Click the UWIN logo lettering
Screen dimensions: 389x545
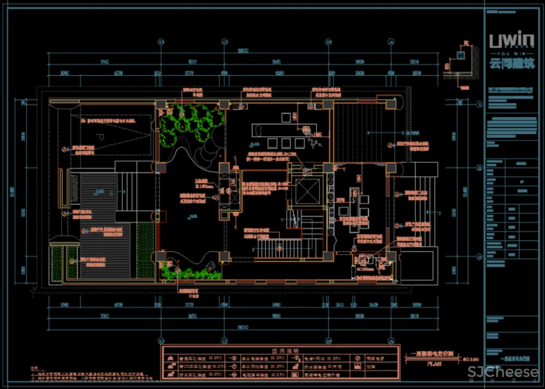click(x=512, y=41)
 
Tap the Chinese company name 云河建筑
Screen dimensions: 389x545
click(x=512, y=64)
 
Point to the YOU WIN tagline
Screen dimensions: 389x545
click(x=512, y=54)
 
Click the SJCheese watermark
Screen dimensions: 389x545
click(x=503, y=373)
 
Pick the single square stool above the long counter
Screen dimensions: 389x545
click(x=285, y=117)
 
